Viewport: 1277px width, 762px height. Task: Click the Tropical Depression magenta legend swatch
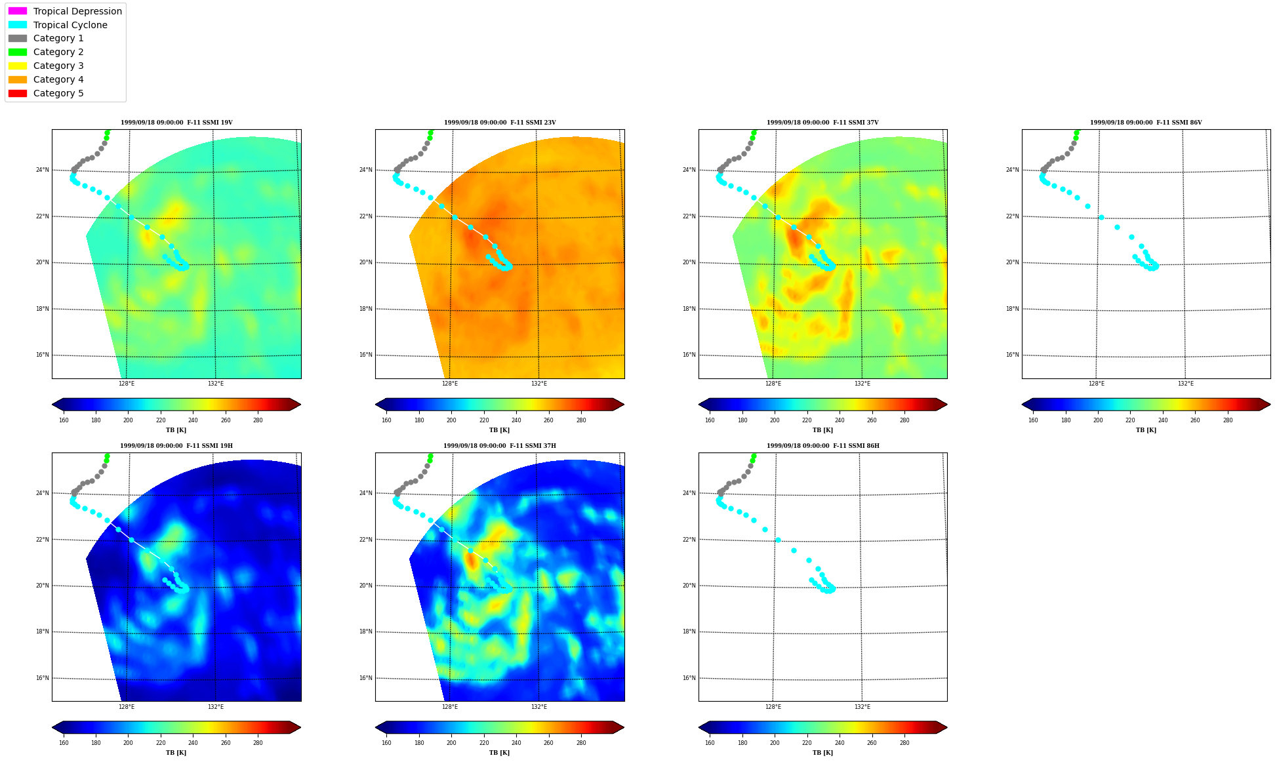[x=18, y=11]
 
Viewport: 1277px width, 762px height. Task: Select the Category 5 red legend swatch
[x=18, y=93]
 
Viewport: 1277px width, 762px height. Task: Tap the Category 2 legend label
[x=58, y=52]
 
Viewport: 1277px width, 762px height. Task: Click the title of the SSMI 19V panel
[x=176, y=123]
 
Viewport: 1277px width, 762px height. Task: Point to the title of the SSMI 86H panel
[x=823, y=446]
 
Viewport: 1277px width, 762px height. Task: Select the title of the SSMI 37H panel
[x=500, y=446]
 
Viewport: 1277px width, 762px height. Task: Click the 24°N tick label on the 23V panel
[x=365, y=170]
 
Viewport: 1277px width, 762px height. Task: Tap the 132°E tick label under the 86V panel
[x=1185, y=384]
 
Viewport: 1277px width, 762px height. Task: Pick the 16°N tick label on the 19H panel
[x=42, y=678]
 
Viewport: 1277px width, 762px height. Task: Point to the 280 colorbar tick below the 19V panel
[x=258, y=420]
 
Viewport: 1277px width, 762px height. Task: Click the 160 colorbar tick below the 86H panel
[x=710, y=743]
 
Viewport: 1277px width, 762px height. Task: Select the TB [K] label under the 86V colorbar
[x=1146, y=430]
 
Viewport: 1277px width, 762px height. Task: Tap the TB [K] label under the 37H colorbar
[x=499, y=753]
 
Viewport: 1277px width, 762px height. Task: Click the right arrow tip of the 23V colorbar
[x=624, y=404]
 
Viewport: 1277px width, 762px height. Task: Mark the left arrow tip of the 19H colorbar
[x=52, y=727]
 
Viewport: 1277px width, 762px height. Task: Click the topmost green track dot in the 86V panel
[x=1077, y=132]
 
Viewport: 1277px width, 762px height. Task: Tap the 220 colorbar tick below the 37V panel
[x=807, y=420]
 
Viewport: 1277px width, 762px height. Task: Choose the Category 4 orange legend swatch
[x=18, y=79]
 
